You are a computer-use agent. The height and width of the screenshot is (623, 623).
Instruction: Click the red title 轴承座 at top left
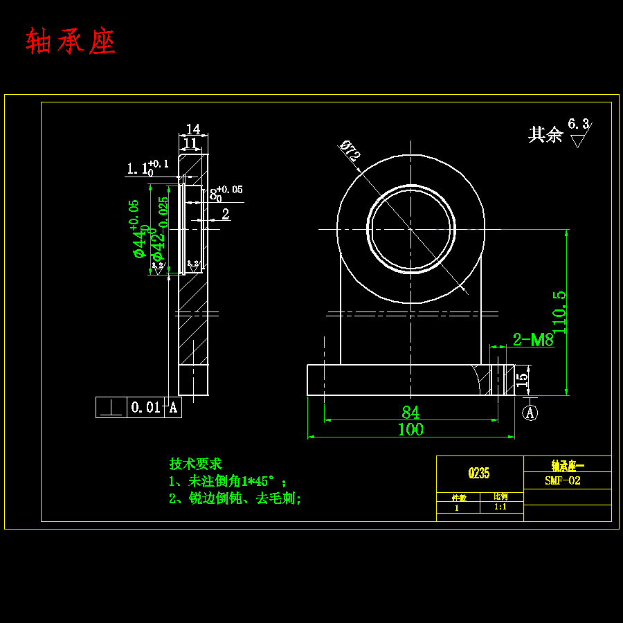(71, 42)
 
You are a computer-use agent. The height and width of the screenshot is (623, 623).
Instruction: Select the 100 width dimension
(410, 429)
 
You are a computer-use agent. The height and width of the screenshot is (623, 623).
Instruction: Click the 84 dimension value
(410, 413)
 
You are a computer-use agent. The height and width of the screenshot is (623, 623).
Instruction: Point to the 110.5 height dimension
(559, 313)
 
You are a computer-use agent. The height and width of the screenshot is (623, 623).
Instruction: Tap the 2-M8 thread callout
(533, 340)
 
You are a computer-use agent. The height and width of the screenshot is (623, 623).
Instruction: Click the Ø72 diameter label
(350, 151)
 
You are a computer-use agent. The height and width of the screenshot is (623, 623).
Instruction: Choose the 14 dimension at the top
(193, 129)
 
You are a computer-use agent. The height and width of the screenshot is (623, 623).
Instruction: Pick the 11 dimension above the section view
(190, 143)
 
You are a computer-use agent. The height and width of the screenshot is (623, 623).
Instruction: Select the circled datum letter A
(530, 413)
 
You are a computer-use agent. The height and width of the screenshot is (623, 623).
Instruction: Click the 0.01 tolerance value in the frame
(145, 408)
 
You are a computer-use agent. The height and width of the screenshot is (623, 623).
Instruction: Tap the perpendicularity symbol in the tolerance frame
(110, 408)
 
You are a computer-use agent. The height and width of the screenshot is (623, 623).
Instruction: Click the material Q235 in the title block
(479, 473)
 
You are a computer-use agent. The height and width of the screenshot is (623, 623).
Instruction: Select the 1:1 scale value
(500, 507)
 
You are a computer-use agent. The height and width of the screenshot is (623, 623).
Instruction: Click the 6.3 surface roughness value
(578, 124)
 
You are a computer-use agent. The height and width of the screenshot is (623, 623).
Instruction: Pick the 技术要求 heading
(195, 464)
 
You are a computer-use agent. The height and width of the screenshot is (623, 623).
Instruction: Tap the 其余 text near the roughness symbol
(545, 134)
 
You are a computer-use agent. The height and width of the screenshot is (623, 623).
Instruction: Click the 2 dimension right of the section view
(226, 215)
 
